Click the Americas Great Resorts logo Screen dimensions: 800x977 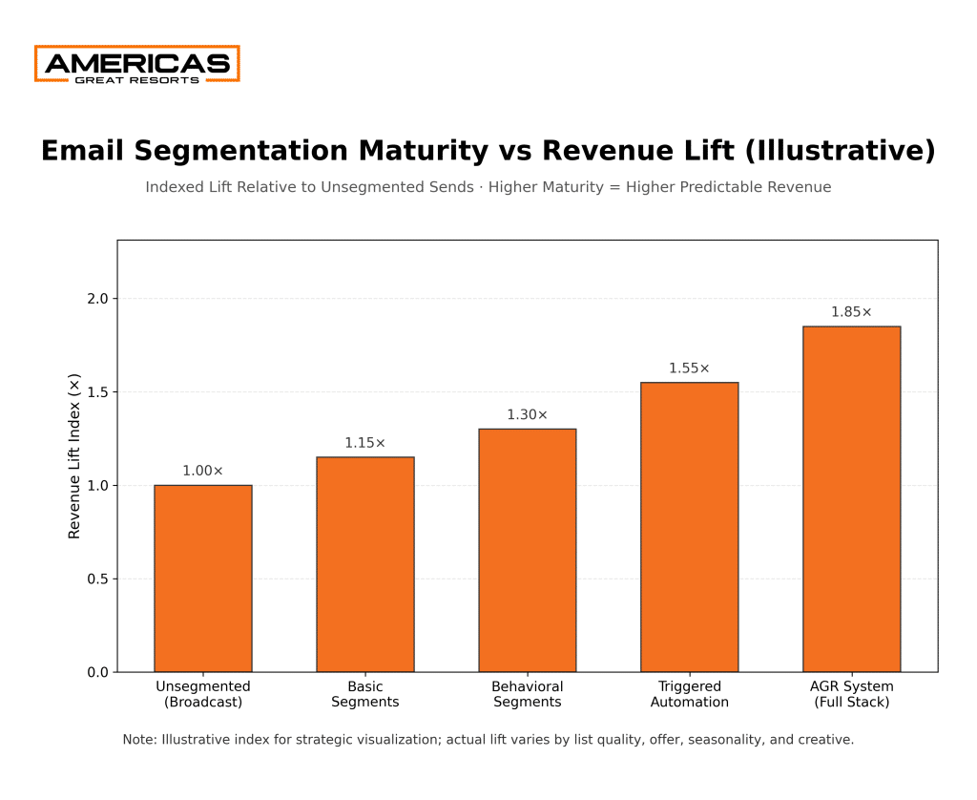(136, 64)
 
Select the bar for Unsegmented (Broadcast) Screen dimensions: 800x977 (203, 579)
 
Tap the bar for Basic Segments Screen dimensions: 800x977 (365, 564)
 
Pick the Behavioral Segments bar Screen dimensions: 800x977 (528, 551)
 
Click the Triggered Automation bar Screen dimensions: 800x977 (690, 527)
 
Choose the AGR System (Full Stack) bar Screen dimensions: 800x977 (852, 499)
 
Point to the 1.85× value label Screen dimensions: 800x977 (852, 312)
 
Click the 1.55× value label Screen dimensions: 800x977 (690, 368)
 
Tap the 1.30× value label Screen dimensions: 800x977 (528, 415)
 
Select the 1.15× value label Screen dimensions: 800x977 (365, 443)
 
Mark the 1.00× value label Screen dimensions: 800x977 (203, 471)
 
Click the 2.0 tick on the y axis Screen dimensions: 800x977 (96, 299)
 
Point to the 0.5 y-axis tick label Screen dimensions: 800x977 (96, 579)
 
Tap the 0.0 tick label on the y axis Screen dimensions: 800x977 (96, 673)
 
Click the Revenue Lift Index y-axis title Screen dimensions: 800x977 (74, 456)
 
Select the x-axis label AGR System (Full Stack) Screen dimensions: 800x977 (852, 694)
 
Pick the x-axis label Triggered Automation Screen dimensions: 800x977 (690, 694)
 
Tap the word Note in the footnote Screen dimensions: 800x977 (139, 740)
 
